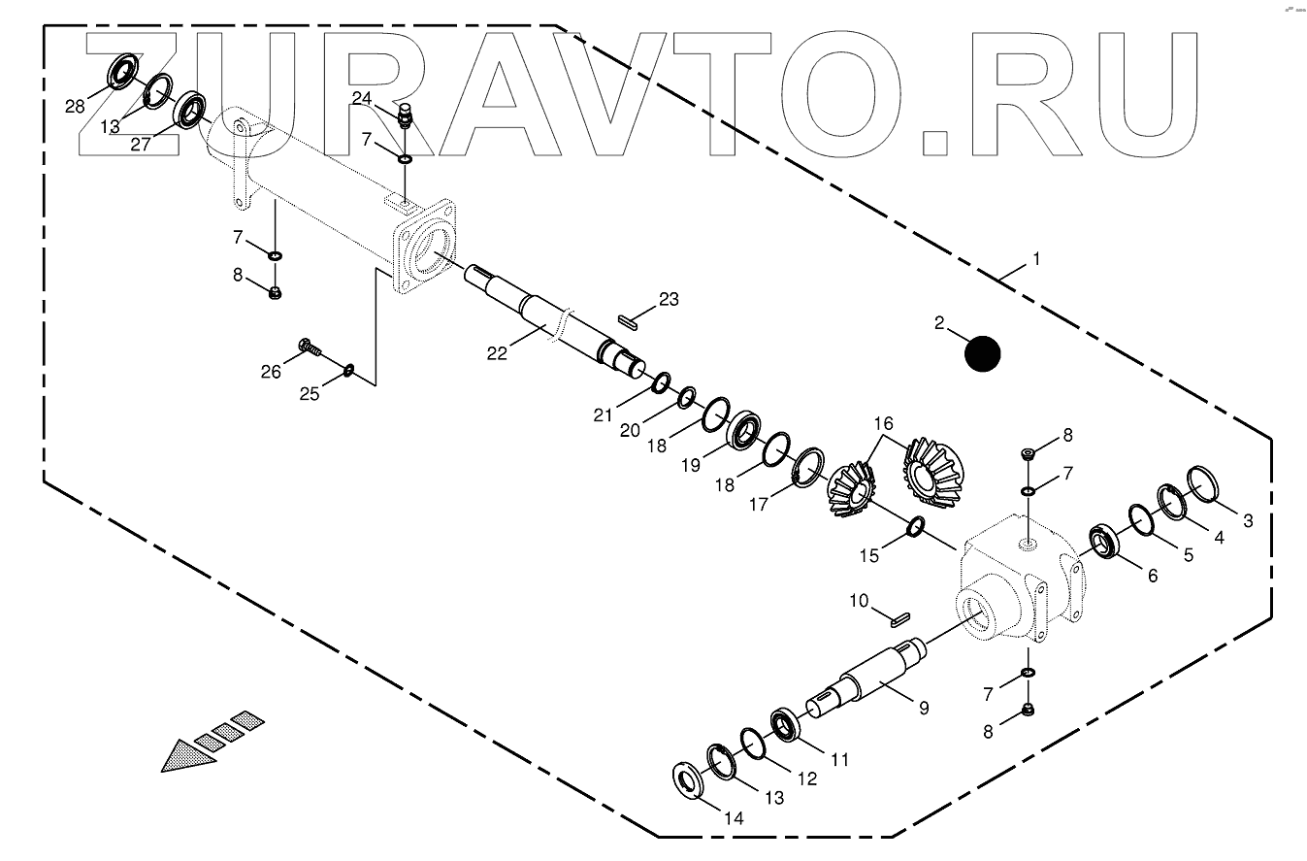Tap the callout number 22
tap(496, 353)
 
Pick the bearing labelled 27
tap(191, 109)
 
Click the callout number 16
tap(882, 423)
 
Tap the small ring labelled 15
tap(915, 527)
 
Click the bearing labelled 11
tap(785, 727)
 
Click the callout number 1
tap(1035, 259)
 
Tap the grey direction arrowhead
tap(189, 753)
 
